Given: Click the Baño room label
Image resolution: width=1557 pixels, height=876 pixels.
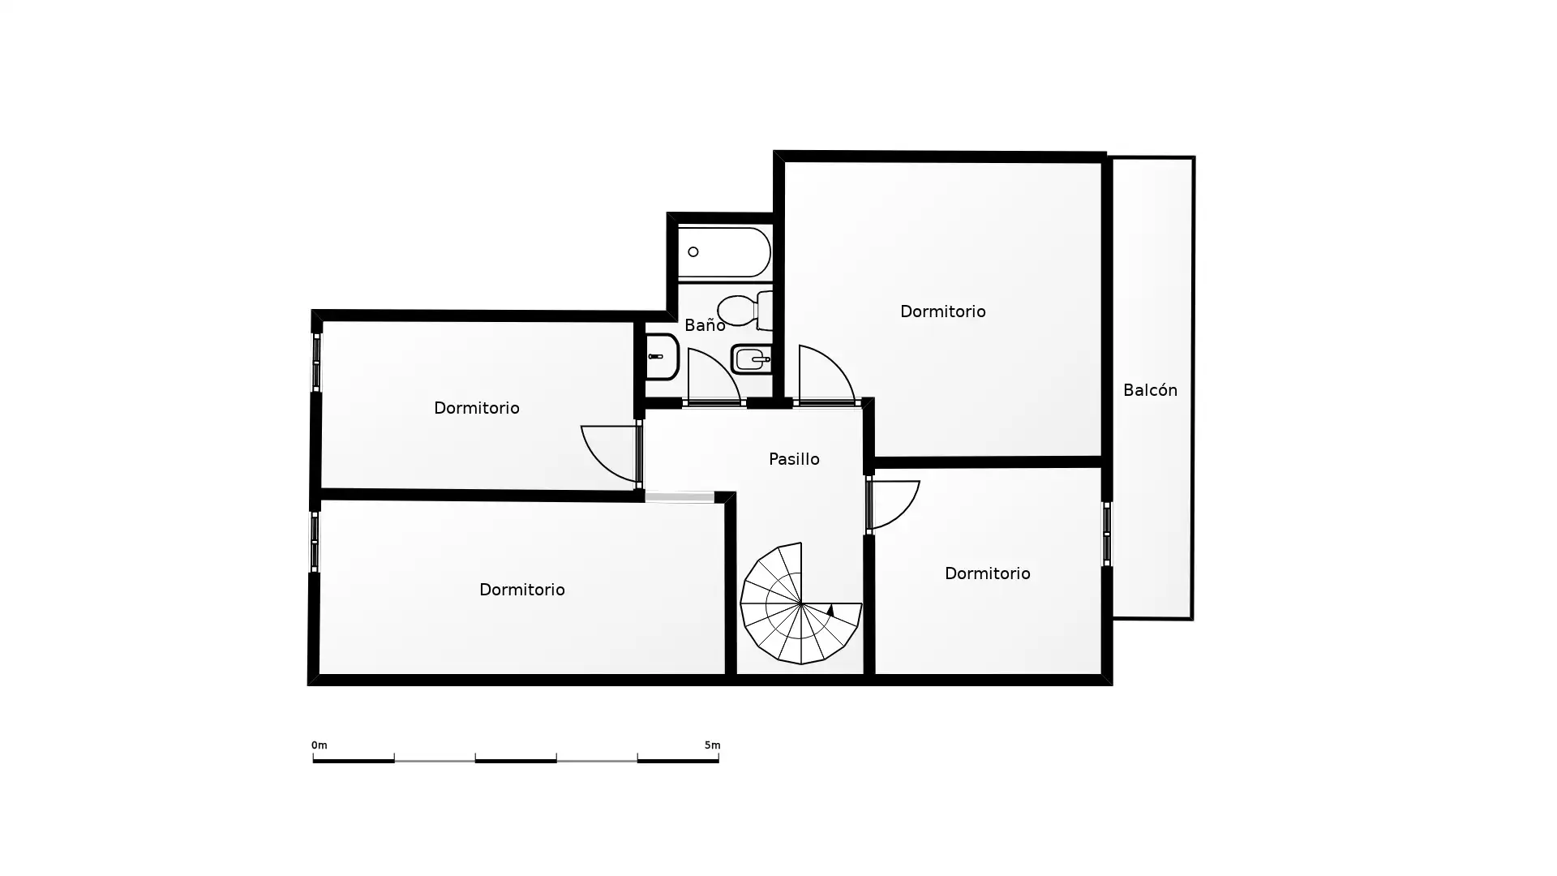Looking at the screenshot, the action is [705, 325].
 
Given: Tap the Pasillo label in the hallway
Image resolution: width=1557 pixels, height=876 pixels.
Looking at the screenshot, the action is [794, 459].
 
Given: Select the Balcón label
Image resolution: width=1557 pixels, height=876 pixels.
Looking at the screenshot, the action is [1150, 390].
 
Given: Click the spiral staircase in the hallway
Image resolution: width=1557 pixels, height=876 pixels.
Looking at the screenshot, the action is [800, 603].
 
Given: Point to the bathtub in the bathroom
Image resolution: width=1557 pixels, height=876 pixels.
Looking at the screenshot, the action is [724, 252].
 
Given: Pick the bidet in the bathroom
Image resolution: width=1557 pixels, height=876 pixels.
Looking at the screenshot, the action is [752, 359].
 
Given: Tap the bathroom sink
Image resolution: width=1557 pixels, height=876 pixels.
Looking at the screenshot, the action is [662, 357].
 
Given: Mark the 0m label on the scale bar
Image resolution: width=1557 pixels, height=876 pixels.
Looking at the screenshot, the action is [320, 745].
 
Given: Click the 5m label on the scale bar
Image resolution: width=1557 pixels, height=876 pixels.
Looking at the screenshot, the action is [712, 745].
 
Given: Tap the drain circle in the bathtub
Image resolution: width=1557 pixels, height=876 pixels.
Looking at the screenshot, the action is [693, 252].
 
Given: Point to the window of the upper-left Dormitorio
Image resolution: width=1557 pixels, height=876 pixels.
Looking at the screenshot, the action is [316, 363].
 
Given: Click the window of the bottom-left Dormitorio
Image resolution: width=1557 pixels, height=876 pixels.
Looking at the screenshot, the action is [315, 542].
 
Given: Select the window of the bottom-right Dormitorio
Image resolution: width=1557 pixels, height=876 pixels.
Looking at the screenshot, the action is [1107, 534].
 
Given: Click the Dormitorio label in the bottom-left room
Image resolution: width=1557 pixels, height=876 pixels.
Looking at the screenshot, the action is [522, 590].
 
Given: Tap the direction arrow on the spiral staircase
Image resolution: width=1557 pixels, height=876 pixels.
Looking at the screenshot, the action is [830, 610].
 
